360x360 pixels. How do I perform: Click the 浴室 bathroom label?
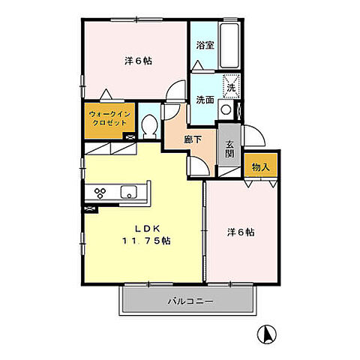click(x=205, y=45)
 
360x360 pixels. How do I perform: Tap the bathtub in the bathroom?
click(x=229, y=45)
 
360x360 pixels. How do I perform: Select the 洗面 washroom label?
click(x=205, y=99)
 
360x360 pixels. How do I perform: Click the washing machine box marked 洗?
click(x=231, y=86)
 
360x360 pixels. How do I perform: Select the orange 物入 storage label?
click(x=259, y=166)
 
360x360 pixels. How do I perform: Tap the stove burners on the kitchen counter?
click(x=96, y=193)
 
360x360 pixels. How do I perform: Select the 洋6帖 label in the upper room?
click(x=136, y=61)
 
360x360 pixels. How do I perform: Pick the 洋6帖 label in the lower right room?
click(x=239, y=232)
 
